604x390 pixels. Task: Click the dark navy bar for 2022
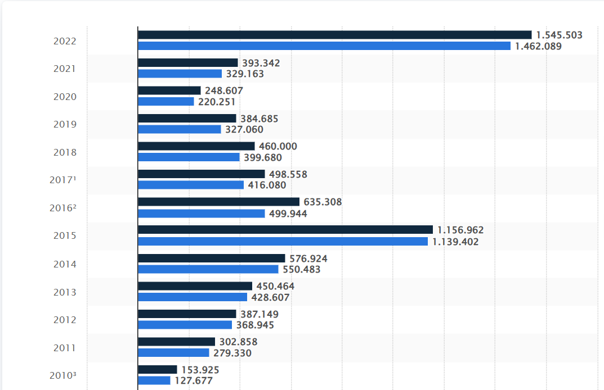335,35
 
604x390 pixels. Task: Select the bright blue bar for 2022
324,46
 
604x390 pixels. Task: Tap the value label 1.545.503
559,35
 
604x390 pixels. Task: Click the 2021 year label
65,69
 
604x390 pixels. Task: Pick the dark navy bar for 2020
169,90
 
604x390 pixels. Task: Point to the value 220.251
217,102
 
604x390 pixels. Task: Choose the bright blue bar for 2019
180,129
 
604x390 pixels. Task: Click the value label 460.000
278,147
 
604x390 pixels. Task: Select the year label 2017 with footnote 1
63,180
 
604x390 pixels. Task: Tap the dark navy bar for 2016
219,202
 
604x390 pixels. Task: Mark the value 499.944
288,214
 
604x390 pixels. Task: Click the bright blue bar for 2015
283,242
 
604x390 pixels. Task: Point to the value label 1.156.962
460,230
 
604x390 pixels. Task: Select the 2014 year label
65,264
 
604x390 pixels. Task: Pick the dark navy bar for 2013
195,286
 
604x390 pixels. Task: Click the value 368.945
255,325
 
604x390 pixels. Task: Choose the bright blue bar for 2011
173,353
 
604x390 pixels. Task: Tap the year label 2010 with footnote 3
63,375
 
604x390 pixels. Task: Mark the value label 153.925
200,370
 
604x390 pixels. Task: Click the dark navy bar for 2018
196,146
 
